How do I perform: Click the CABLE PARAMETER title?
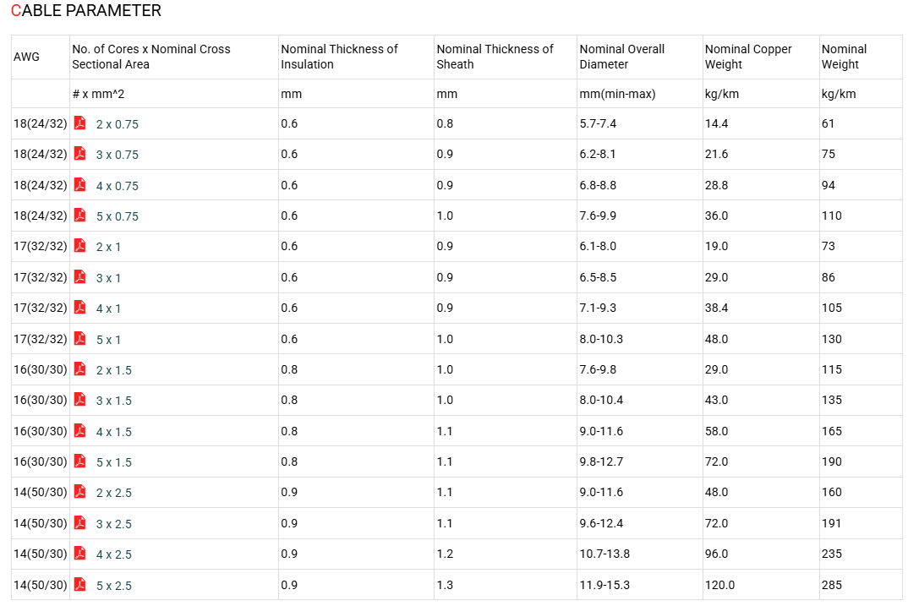86,11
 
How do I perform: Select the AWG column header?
27,57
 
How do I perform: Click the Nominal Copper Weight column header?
748,57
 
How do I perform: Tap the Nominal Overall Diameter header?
622,57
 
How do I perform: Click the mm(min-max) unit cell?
617,94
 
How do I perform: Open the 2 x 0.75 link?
117,124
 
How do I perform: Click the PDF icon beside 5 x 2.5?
80,585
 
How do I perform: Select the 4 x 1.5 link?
113,432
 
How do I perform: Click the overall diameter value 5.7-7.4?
598,124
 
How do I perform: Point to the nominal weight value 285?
832,585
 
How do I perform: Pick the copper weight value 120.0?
719,585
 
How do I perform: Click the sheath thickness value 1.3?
445,585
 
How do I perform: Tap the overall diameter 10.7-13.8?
604,554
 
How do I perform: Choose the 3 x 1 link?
108,278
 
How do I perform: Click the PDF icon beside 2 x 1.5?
80,369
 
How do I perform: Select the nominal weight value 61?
828,124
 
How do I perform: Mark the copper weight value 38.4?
716,308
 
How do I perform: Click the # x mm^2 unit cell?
98,94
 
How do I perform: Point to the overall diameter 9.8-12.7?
602,461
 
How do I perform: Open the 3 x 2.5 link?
113,524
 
